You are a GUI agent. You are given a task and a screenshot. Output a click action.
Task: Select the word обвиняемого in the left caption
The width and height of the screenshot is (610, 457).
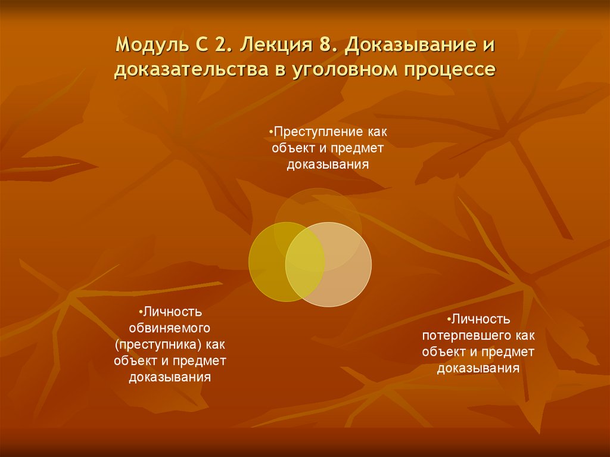pyautogui.click(x=170, y=328)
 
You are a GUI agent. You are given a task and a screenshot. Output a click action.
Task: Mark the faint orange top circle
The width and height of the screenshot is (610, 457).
pyautogui.click(x=318, y=209)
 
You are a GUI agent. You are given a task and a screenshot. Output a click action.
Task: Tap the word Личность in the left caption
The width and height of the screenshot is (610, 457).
pyautogui.click(x=172, y=312)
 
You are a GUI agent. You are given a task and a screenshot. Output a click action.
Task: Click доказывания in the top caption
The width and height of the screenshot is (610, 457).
pyautogui.click(x=328, y=164)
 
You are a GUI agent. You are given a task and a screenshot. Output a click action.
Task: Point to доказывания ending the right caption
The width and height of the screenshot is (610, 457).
pyautogui.click(x=478, y=368)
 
